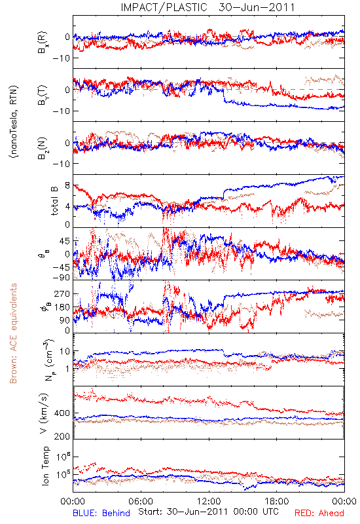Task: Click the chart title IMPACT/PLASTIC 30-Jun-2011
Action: pos(207,7)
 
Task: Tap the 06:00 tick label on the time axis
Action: pos(141,501)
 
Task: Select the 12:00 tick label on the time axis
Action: pos(209,501)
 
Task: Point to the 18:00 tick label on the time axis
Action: pos(277,501)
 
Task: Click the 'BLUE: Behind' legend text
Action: pos(101,513)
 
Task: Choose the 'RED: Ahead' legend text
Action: pos(319,513)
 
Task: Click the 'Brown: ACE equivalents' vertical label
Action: pos(13,333)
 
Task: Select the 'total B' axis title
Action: pos(54,201)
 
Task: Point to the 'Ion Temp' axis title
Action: pos(45,466)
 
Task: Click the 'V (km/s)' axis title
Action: pos(45,413)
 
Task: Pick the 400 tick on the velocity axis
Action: pos(62,413)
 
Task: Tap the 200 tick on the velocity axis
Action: pos(62,436)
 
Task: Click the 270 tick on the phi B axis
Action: pos(62,293)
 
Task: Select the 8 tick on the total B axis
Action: pos(67,185)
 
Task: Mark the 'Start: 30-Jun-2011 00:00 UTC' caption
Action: pos(208,512)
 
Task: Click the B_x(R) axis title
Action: pos(43,43)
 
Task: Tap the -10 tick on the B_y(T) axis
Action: pos(61,111)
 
